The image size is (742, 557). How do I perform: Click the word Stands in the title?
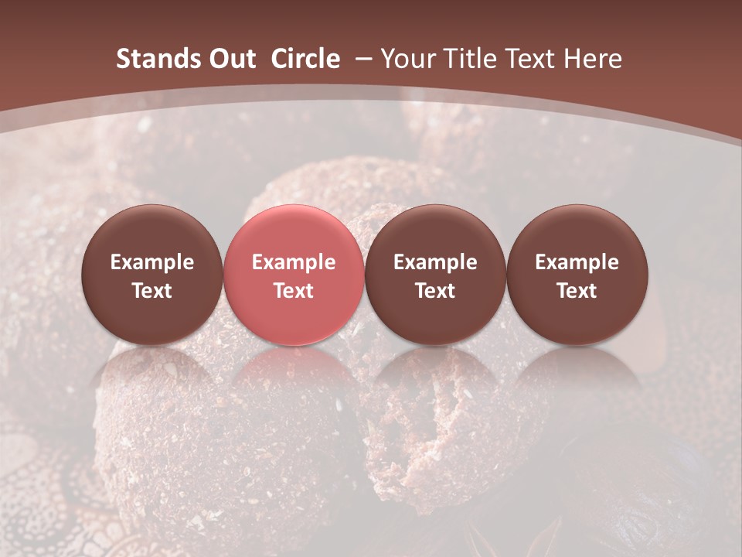[157, 59]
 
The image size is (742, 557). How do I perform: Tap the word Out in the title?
[231, 59]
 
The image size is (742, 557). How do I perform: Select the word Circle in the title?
[305, 59]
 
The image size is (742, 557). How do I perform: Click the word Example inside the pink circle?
[294, 262]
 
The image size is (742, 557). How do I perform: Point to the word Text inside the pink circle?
[294, 291]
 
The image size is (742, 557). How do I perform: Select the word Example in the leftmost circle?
[152, 262]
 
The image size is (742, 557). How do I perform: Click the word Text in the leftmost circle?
[152, 291]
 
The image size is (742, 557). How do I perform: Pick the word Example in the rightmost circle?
[577, 262]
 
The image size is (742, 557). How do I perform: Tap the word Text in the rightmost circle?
[577, 291]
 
